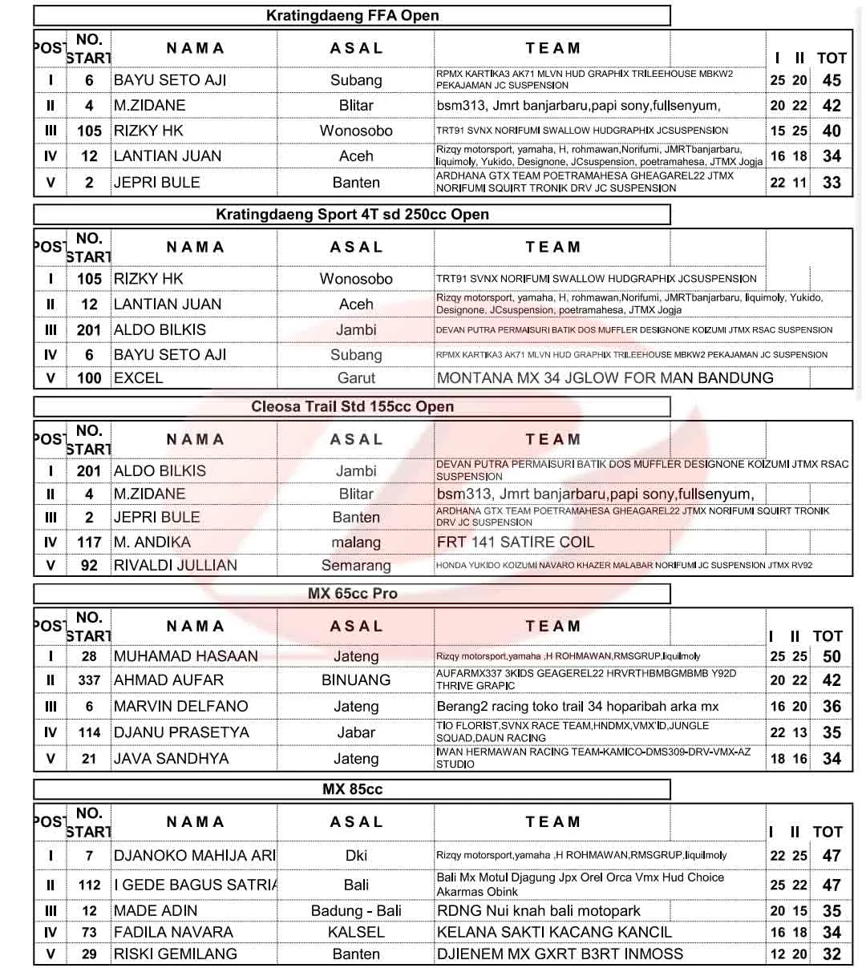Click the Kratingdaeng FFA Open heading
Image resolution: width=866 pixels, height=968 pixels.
tap(352, 15)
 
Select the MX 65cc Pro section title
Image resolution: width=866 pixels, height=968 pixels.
tap(352, 594)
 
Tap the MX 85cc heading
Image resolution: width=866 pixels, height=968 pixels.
tap(352, 789)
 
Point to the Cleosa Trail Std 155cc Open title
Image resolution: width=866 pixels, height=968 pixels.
tap(352, 406)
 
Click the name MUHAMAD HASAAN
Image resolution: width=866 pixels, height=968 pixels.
tap(186, 656)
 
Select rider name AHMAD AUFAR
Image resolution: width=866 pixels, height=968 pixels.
tap(169, 680)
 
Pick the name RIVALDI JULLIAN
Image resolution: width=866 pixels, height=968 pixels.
tap(176, 565)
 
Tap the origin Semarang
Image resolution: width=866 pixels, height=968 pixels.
tap(356, 565)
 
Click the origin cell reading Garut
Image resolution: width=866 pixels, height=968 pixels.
tap(356, 377)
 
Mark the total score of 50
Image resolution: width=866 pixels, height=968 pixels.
tap(832, 656)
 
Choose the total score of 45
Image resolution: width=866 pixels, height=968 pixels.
tap(832, 80)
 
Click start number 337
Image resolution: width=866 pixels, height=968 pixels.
tap(89, 680)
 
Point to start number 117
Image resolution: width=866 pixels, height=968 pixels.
tap(89, 542)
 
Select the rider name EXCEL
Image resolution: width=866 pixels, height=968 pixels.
tap(138, 377)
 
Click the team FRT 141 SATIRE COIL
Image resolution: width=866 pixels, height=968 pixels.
tap(516, 542)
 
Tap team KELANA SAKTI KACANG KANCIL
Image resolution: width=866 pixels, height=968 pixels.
tap(554, 933)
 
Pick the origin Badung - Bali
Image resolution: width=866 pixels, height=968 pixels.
tap(356, 911)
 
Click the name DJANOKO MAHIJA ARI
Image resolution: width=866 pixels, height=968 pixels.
tap(195, 856)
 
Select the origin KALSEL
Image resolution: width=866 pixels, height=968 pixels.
tap(356, 933)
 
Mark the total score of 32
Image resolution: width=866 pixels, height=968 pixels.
tap(832, 954)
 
